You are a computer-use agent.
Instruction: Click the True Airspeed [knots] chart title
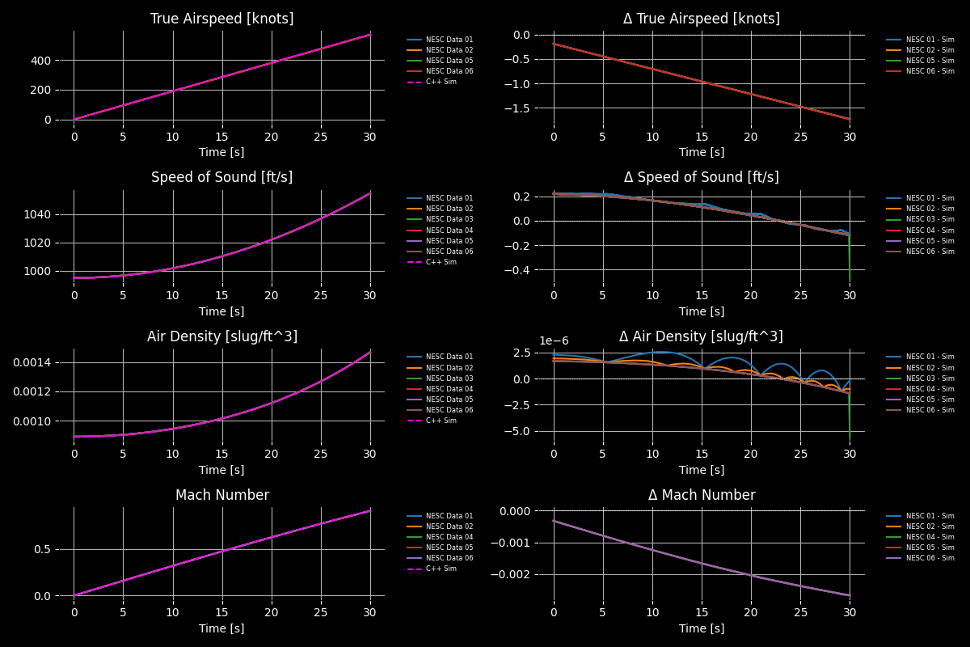click(222, 19)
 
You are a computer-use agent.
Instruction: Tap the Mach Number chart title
click(222, 495)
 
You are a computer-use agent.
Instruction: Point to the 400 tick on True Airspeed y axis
click(42, 61)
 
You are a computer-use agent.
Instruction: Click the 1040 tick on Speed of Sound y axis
click(39, 215)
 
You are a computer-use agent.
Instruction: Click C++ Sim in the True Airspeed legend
click(441, 82)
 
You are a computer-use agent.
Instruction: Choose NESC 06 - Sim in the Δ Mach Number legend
click(930, 558)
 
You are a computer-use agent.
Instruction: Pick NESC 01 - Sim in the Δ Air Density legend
click(930, 357)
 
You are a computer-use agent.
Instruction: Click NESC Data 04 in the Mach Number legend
click(449, 537)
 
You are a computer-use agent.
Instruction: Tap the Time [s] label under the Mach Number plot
click(222, 628)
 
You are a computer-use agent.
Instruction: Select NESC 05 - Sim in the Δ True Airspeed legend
click(930, 61)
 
